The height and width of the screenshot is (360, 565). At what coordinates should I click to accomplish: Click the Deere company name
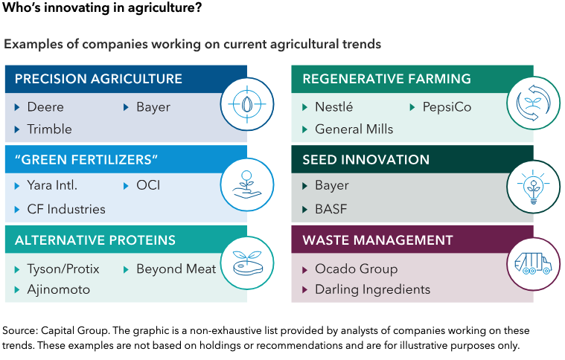click(45, 107)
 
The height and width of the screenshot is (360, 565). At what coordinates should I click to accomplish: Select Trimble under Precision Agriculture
click(49, 129)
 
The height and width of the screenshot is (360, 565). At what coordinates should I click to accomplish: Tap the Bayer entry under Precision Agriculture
click(153, 108)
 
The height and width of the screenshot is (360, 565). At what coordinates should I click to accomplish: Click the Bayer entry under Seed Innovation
click(332, 186)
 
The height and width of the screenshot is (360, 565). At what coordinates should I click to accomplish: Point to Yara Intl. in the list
click(52, 185)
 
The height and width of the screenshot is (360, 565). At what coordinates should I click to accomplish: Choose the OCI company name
click(148, 185)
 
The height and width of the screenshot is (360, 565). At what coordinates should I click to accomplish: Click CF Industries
click(66, 209)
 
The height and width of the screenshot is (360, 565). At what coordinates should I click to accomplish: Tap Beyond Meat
click(176, 269)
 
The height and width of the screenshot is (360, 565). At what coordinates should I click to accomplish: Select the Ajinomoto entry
click(59, 290)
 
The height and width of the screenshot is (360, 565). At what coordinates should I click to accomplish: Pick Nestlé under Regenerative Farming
click(334, 107)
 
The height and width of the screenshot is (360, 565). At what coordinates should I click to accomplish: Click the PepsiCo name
click(447, 107)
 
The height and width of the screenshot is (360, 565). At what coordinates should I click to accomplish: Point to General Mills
click(354, 129)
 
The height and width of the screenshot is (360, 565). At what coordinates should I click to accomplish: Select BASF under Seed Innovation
click(331, 209)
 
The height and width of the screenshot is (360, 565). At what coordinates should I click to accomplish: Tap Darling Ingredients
click(373, 290)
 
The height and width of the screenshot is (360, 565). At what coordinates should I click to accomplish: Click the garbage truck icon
click(533, 263)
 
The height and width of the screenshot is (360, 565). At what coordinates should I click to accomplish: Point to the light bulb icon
click(533, 187)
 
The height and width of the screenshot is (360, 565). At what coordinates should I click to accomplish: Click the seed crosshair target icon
click(247, 104)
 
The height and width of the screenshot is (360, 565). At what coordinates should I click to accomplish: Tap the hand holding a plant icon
click(247, 184)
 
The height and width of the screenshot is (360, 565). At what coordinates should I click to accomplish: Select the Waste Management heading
click(377, 240)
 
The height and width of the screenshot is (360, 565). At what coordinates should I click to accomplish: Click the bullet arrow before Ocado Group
click(305, 270)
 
